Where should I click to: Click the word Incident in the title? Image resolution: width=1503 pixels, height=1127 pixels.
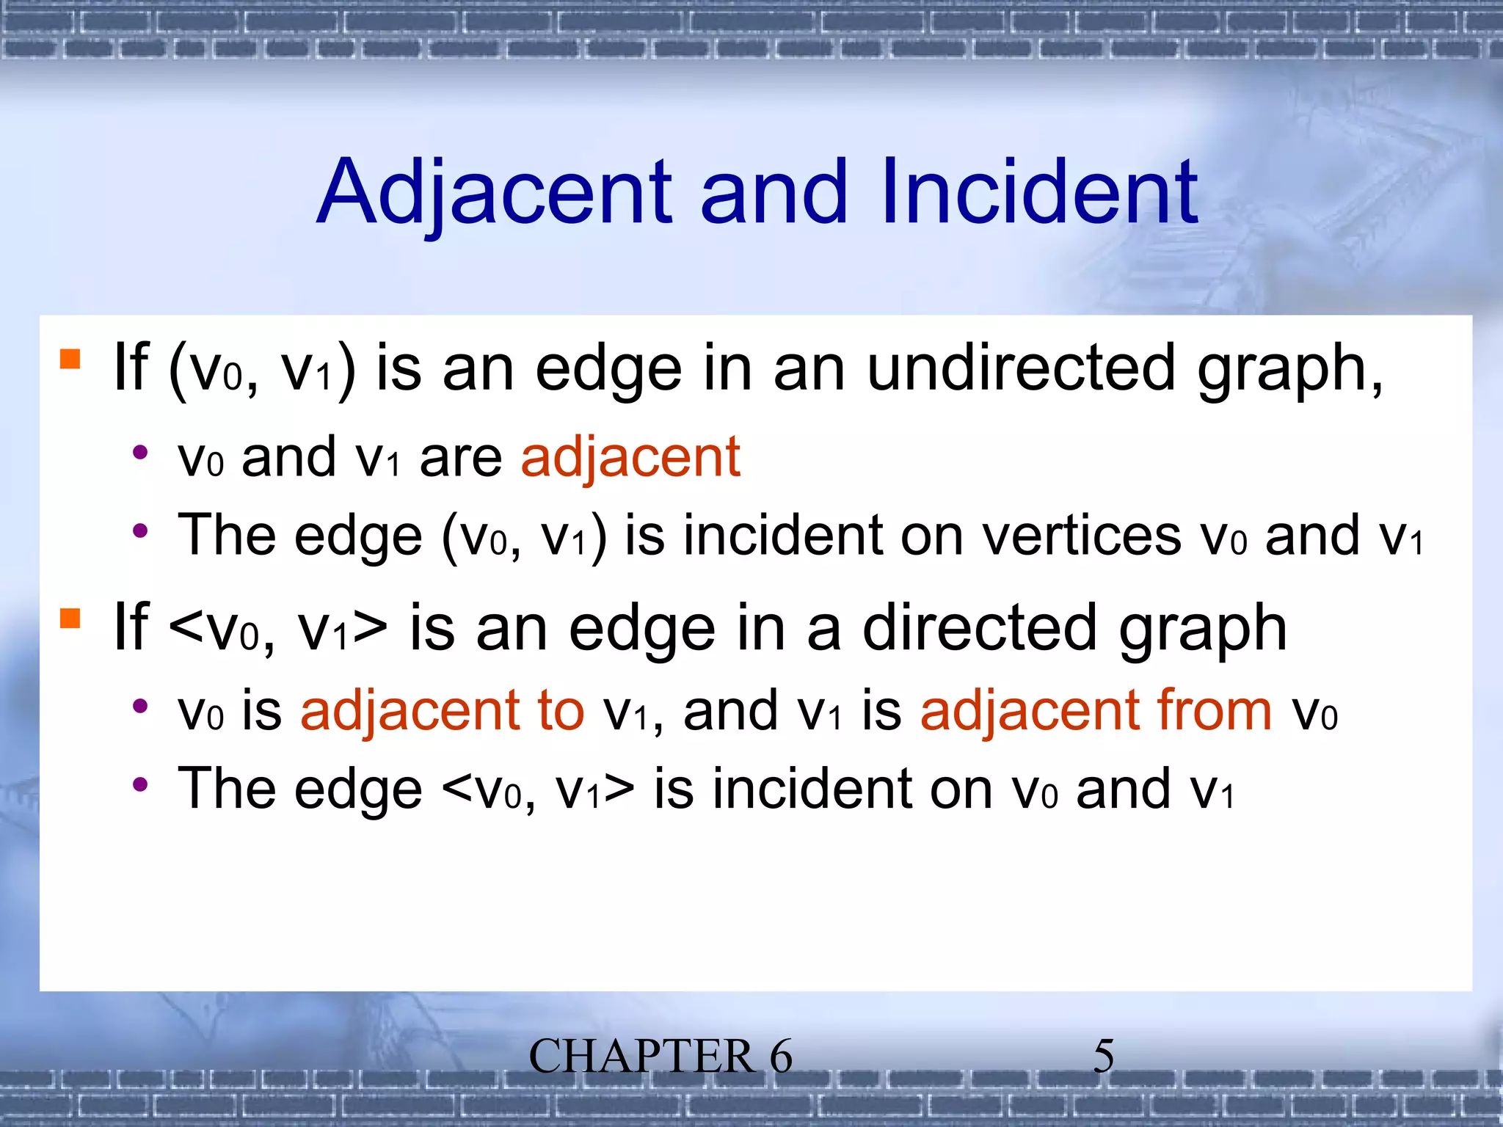[1039, 192]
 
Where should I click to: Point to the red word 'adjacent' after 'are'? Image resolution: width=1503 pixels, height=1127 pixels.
[630, 458]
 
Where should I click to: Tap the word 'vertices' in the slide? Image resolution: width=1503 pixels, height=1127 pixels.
[1082, 536]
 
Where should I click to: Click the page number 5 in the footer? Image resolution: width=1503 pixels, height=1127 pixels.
[1103, 1057]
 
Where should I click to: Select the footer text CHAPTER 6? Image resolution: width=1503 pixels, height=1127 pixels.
[660, 1057]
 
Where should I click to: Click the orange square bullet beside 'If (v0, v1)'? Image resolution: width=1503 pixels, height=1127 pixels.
[70, 359]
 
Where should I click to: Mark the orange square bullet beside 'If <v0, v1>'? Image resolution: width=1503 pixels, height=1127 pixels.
[70, 619]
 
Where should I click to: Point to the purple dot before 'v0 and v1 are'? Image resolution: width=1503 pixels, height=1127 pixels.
[140, 452]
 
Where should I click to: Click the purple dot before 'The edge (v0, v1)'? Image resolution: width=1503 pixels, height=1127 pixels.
[140, 530]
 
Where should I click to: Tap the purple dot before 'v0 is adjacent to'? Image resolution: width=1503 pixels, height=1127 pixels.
[140, 706]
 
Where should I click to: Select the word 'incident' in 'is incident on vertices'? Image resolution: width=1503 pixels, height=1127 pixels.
[783, 536]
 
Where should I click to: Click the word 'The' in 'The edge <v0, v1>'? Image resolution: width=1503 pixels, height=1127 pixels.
[226, 789]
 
